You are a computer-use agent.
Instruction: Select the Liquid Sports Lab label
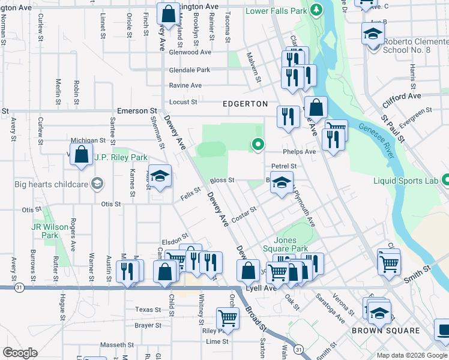pos(407,179)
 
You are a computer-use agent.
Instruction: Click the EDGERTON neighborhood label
pos(245,104)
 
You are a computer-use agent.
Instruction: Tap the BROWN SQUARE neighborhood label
pos(386,331)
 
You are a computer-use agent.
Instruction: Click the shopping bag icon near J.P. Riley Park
pos(81,155)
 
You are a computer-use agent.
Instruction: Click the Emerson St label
pos(137,111)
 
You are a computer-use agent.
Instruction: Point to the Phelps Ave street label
pos(301,152)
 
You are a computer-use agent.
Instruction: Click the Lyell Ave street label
pos(262,288)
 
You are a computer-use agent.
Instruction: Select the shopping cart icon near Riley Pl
pos(228,317)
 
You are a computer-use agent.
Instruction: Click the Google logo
pos(20,353)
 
